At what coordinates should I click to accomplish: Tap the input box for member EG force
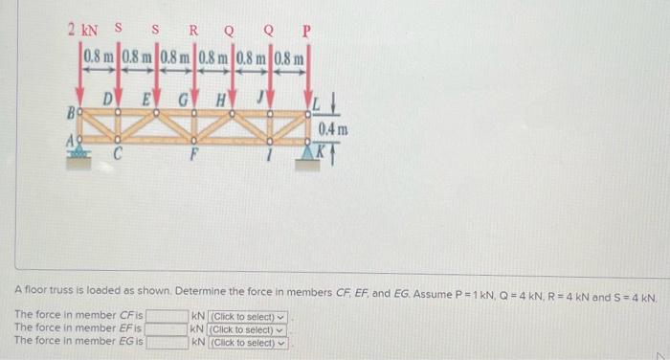point(167,342)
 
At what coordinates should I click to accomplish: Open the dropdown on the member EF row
point(248,329)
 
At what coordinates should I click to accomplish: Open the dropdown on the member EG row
point(248,342)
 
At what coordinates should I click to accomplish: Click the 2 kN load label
point(83,29)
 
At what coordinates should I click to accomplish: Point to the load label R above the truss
point(193,29)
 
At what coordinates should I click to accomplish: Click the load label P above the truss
point(305,30)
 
